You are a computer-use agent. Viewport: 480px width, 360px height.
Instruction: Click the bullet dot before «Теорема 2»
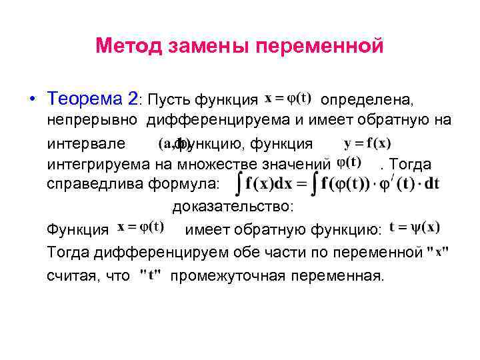click(x=33, y=100)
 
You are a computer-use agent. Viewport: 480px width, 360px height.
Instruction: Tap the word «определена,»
click(x=367, y=100)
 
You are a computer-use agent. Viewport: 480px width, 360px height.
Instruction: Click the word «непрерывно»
click(x=92, y=120)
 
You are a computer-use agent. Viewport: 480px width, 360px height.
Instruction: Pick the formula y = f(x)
click(x=367, y=143)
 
